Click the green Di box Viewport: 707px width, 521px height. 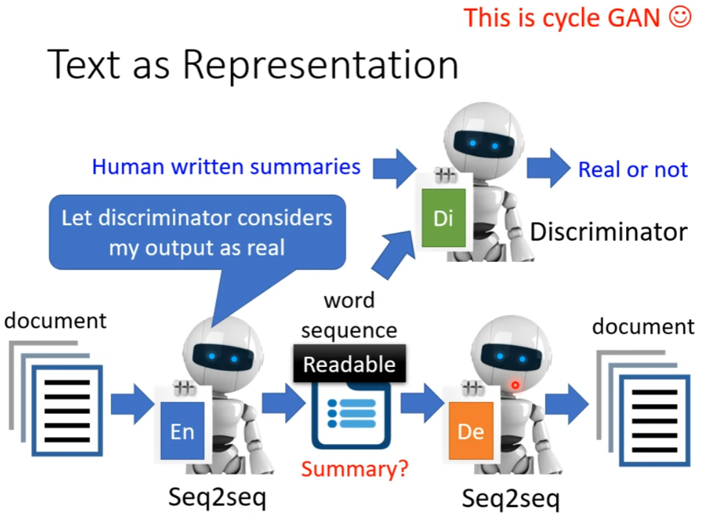tap(443, 218)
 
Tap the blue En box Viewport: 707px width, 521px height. tap(182, 431)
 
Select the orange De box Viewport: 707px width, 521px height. tap(471, 431)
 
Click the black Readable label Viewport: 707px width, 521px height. tap(349, 364)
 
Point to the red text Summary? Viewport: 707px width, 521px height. tap(355, 469)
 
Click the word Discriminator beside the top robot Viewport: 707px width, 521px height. tap(608, 231)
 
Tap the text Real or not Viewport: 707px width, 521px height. tap(633, 169)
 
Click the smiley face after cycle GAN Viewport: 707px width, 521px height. tap(680, 17)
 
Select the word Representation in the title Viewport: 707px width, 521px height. tap(319, 65)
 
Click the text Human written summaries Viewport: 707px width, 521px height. tap(226, 167)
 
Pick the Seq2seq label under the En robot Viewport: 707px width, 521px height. tap(217, 498)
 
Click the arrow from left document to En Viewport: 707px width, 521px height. tap(132, 405)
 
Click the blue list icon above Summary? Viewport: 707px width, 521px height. tap(352, 414)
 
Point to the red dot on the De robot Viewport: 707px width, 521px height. tap(514, 385)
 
